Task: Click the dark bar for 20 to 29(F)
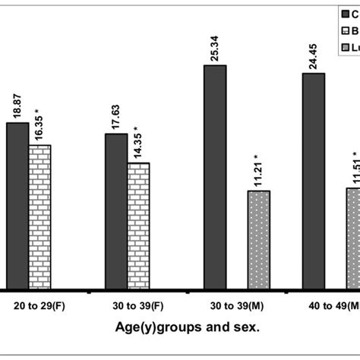coord(17,206)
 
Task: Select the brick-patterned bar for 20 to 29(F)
coord(39,217)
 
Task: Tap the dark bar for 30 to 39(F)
coord(116,211)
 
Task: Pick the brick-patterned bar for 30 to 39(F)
coord(138,226)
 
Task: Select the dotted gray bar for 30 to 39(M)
coord(259,240)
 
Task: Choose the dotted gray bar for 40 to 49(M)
coord(352,238)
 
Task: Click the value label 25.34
coord(216,46)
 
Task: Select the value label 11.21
coord(259,171)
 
